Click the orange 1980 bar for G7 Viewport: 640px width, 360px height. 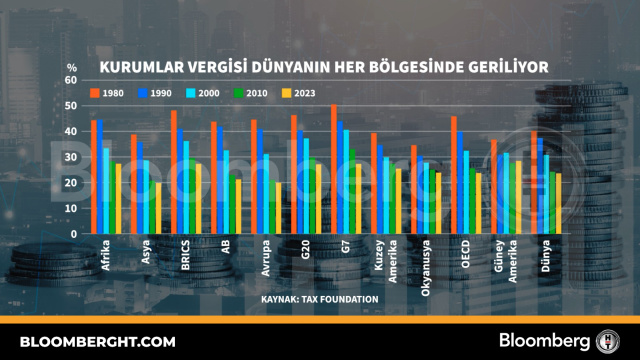[334, 169]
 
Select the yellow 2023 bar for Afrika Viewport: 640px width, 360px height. [118, 199]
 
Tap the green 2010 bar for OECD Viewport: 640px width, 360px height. [472, 201]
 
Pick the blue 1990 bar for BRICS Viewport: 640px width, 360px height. [180, 182]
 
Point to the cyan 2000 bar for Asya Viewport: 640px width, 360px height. [146, 197]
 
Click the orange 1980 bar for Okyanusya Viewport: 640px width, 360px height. [414, 189]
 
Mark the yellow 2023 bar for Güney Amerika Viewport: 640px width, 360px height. [518, 198]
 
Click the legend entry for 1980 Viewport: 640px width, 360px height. [107, 93]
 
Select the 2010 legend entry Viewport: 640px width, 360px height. [251, 93]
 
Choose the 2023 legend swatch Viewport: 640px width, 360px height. [287, 93]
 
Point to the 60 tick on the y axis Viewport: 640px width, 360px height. [71, 80]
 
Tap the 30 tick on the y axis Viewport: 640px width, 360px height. [71, 157]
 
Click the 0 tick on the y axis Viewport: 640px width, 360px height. [74, 234]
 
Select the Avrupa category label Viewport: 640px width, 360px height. [266, 258]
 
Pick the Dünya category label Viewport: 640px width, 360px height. [546, 256]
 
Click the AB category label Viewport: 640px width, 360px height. [226, 247]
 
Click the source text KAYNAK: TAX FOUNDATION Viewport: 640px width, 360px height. [320, 300]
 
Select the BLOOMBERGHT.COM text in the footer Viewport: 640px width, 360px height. [98, 342]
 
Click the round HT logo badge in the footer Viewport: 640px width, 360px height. [607, 341]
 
